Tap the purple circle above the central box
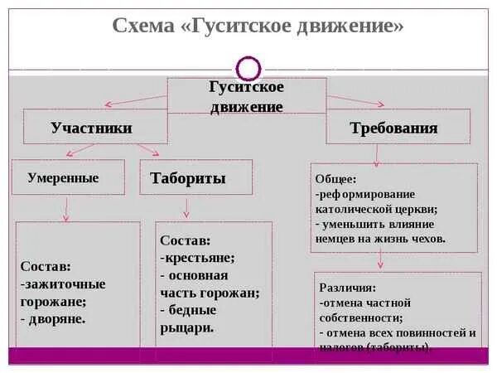248,67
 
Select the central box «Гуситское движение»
246,96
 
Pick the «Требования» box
393,128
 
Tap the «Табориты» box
188,178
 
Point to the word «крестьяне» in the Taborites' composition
200,257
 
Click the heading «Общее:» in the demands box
335,178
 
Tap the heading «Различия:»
347,288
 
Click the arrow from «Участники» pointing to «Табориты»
148,149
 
